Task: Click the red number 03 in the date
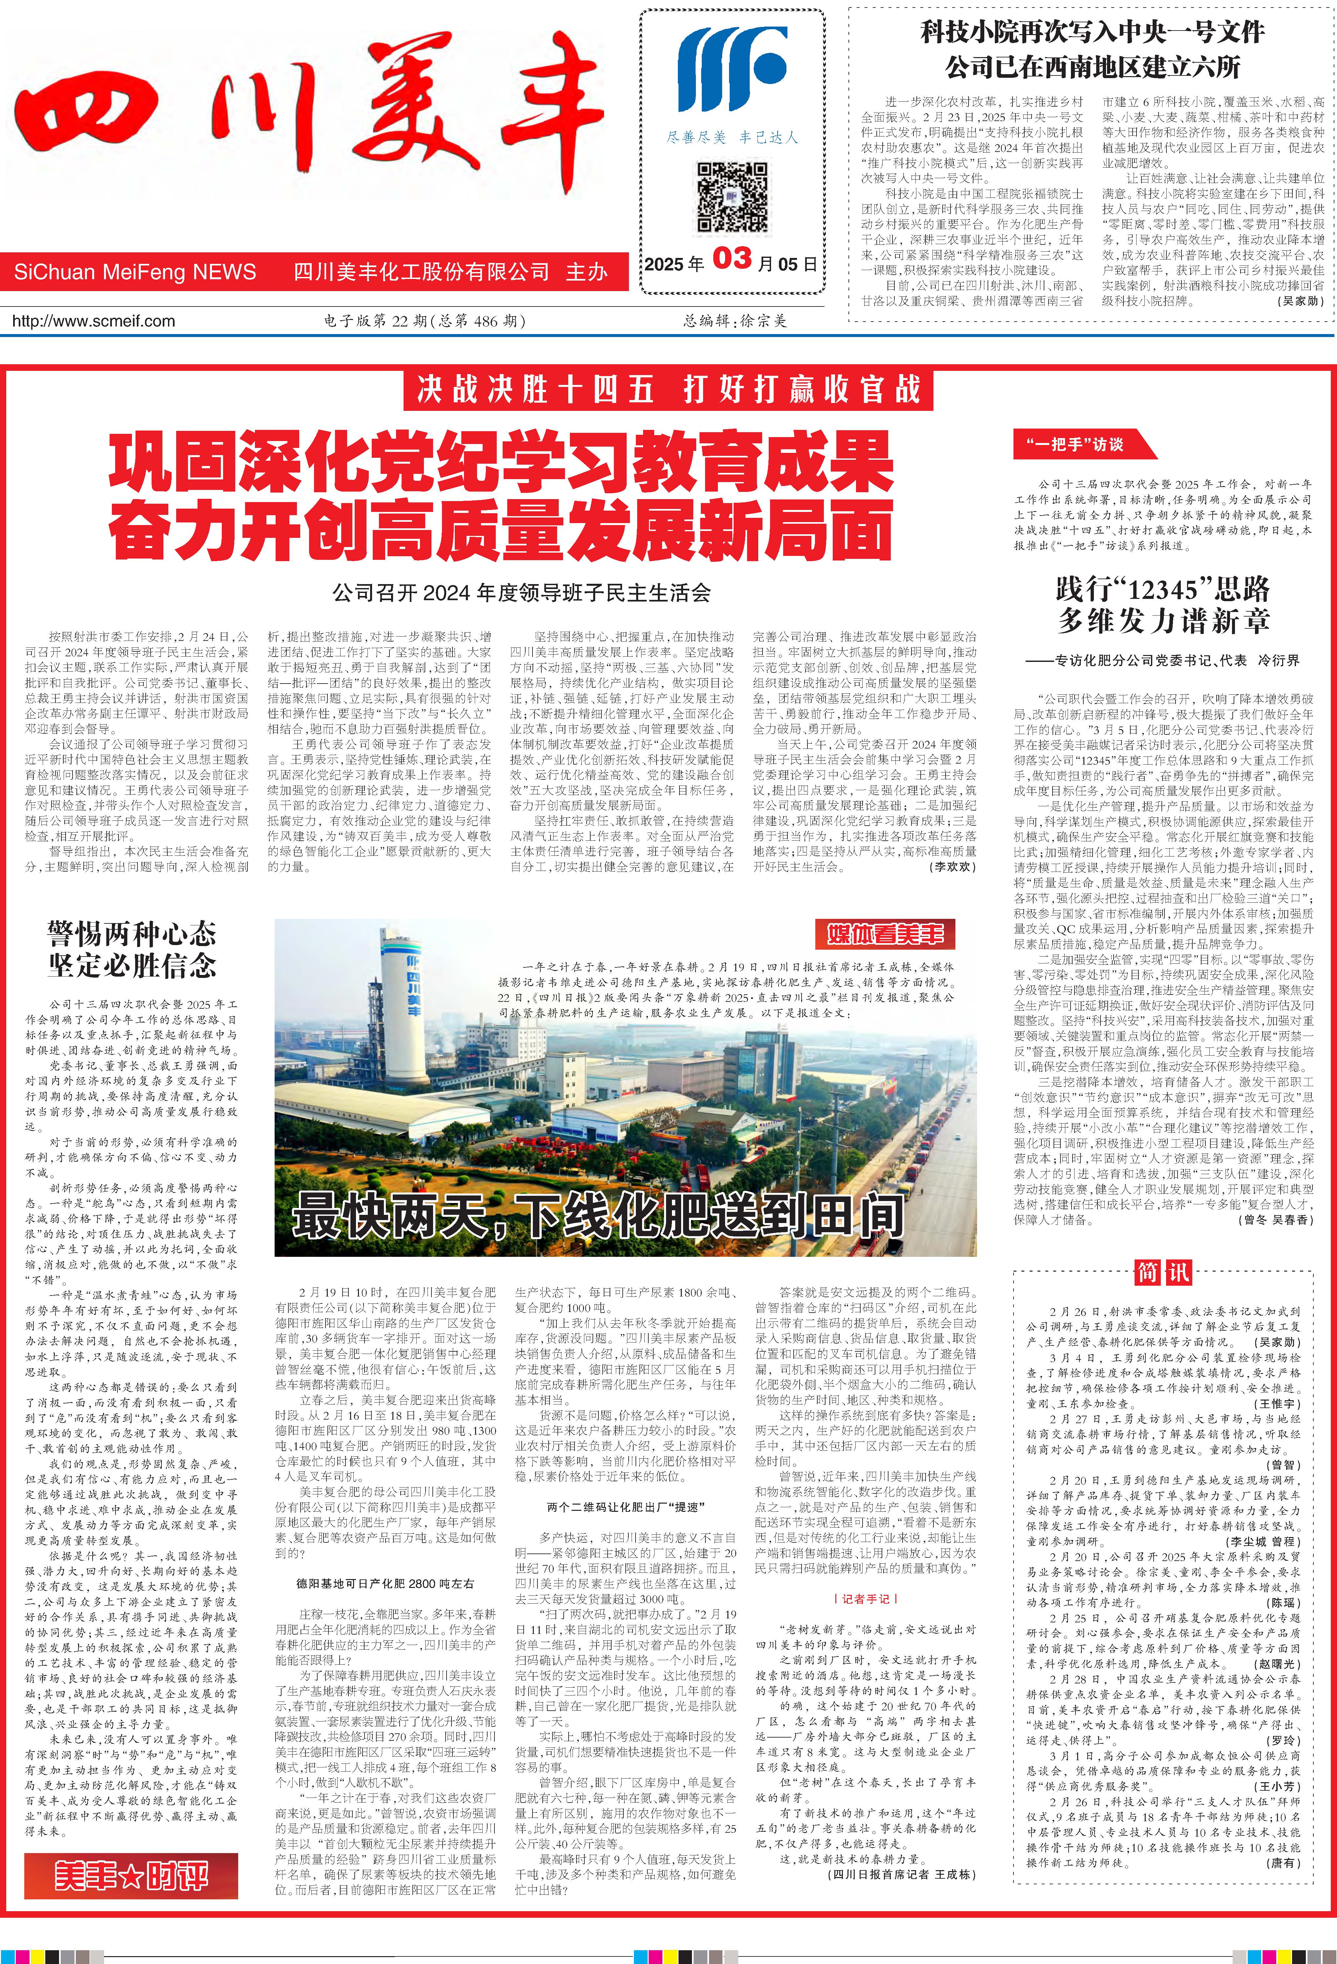(732, 259)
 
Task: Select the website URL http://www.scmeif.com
(94, 321)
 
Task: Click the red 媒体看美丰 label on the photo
(884, 934)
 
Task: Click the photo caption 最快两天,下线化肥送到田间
(597, 1215)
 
